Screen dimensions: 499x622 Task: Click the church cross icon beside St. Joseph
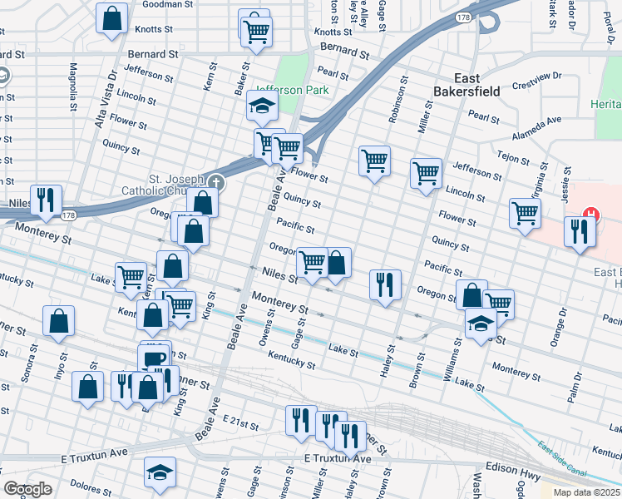[215, 180]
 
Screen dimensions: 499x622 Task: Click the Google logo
[27, 489]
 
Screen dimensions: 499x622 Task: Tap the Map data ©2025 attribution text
[586, 492]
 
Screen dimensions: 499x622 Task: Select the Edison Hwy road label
[512, 468]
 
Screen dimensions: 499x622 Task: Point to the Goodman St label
[168, 4]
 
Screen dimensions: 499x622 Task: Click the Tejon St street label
[513, 157]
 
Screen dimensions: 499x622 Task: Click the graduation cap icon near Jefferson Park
[260, 106]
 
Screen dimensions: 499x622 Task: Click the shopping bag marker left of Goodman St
[111, 18]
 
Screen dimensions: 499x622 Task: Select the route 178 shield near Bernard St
[463, 17]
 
